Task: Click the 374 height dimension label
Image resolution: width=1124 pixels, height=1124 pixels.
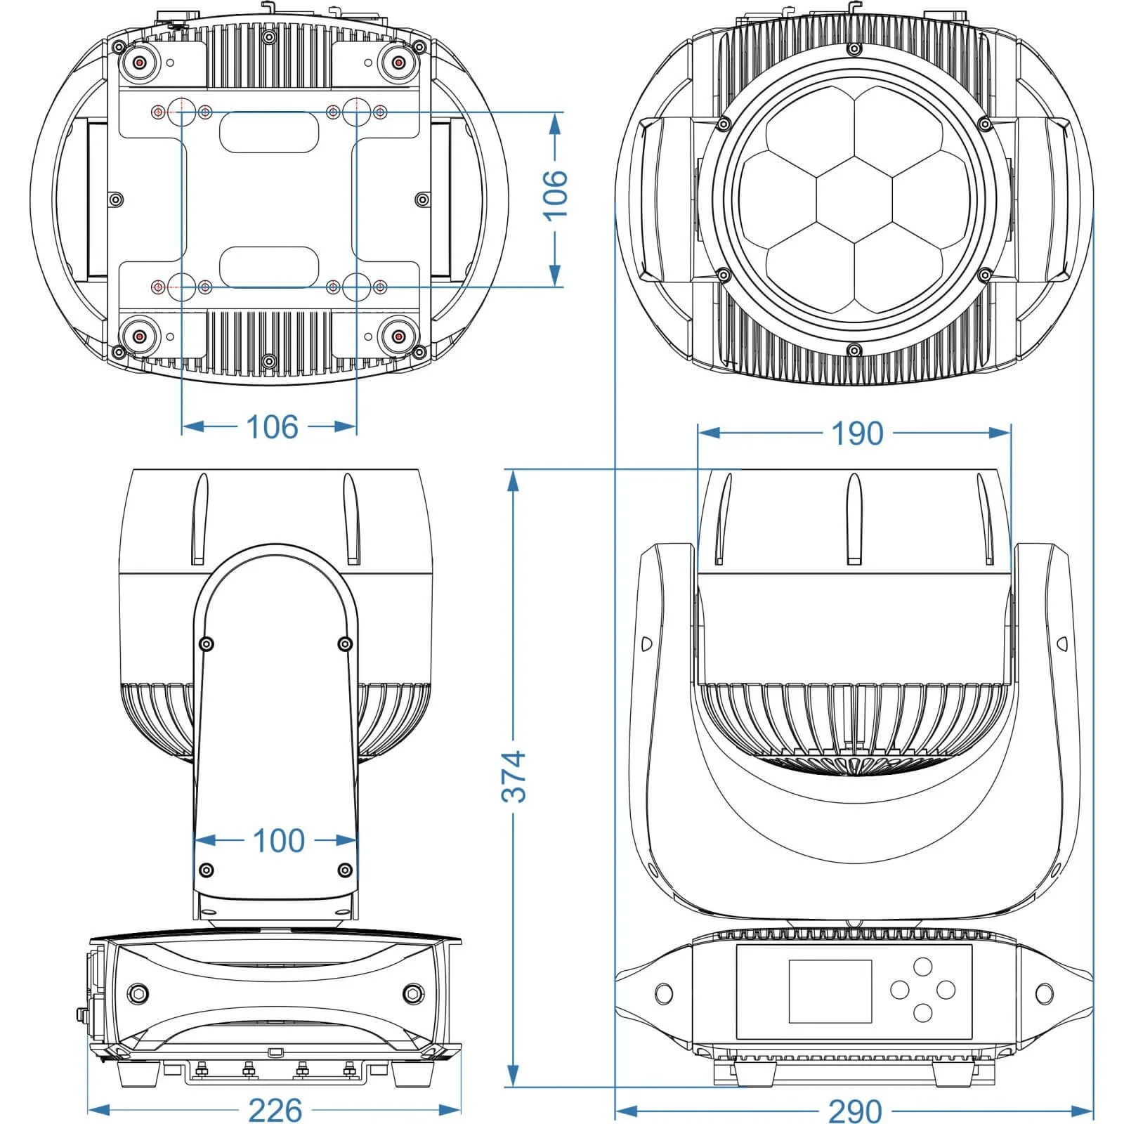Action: pyautogui.click(x=514, y=776)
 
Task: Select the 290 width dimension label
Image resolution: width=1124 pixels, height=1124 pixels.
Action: pyautogui.click(x=854, y=1110)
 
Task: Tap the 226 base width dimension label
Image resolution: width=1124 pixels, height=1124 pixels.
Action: pyautogui.click(x=275, y=1110)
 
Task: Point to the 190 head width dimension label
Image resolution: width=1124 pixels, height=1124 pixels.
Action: pyautogui.click(x=856, y=433)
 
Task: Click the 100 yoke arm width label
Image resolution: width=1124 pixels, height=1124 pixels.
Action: pyautogui.click(x=278, y=840)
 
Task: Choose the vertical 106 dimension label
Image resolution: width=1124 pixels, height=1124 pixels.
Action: pyautogui.click(x=556, y=195)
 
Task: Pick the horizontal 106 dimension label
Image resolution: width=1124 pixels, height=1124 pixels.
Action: pyautogui.click(x=272, y=426)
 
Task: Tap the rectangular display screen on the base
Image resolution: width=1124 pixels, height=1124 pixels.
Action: pyautogui.click(x=830, y=991)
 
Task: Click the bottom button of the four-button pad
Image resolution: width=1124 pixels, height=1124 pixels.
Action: pyautogui.click(x=922, y=1012)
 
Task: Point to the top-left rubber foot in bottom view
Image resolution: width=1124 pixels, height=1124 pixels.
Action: pyautogui.click(x=140, y=63)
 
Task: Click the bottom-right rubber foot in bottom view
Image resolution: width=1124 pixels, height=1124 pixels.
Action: pyautogui.click(x=398, y=337)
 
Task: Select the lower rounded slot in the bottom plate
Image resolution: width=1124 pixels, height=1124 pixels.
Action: pyautogui.click(x=269, y=267)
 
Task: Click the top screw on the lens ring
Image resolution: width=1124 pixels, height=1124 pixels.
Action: pyautogui.click(x=854, y=48)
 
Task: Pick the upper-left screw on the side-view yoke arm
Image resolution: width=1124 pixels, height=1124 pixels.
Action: pyautogui.click(x=206, y=643)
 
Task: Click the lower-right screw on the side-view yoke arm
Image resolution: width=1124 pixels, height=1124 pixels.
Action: pyautogui.click(x=344, y=870)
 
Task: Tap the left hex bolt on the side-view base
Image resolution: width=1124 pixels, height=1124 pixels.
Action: pyautogui.click(x=138, y=993)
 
